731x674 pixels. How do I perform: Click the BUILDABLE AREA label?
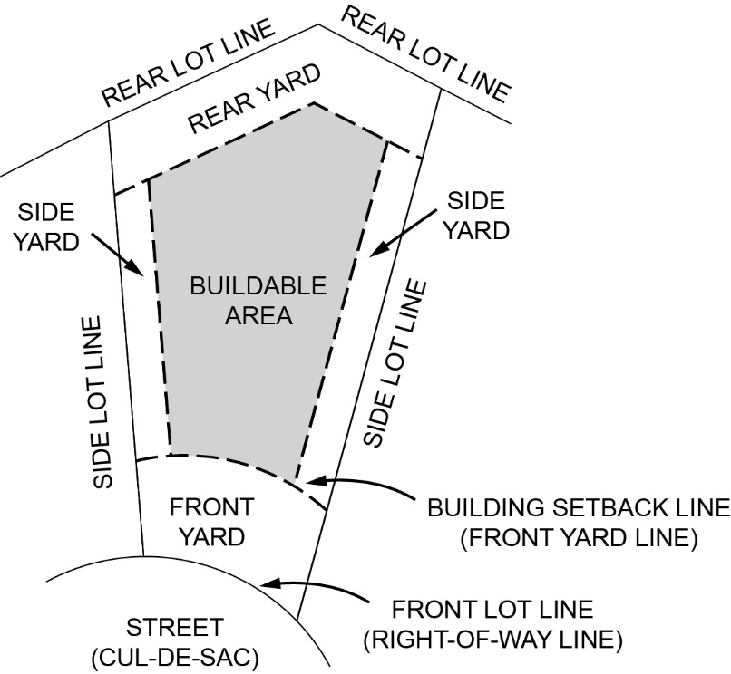[x=257, y=302]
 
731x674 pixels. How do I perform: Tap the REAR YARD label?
[x=255, y=98]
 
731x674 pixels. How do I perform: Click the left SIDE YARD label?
[x=49, y=228]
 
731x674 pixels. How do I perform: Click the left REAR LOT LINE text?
[x=187, y=63]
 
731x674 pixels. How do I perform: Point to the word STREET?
[x=174, y=627]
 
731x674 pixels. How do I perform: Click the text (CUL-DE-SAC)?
[x=174, y=656]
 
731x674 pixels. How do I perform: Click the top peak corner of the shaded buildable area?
[x=312, y=103]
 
